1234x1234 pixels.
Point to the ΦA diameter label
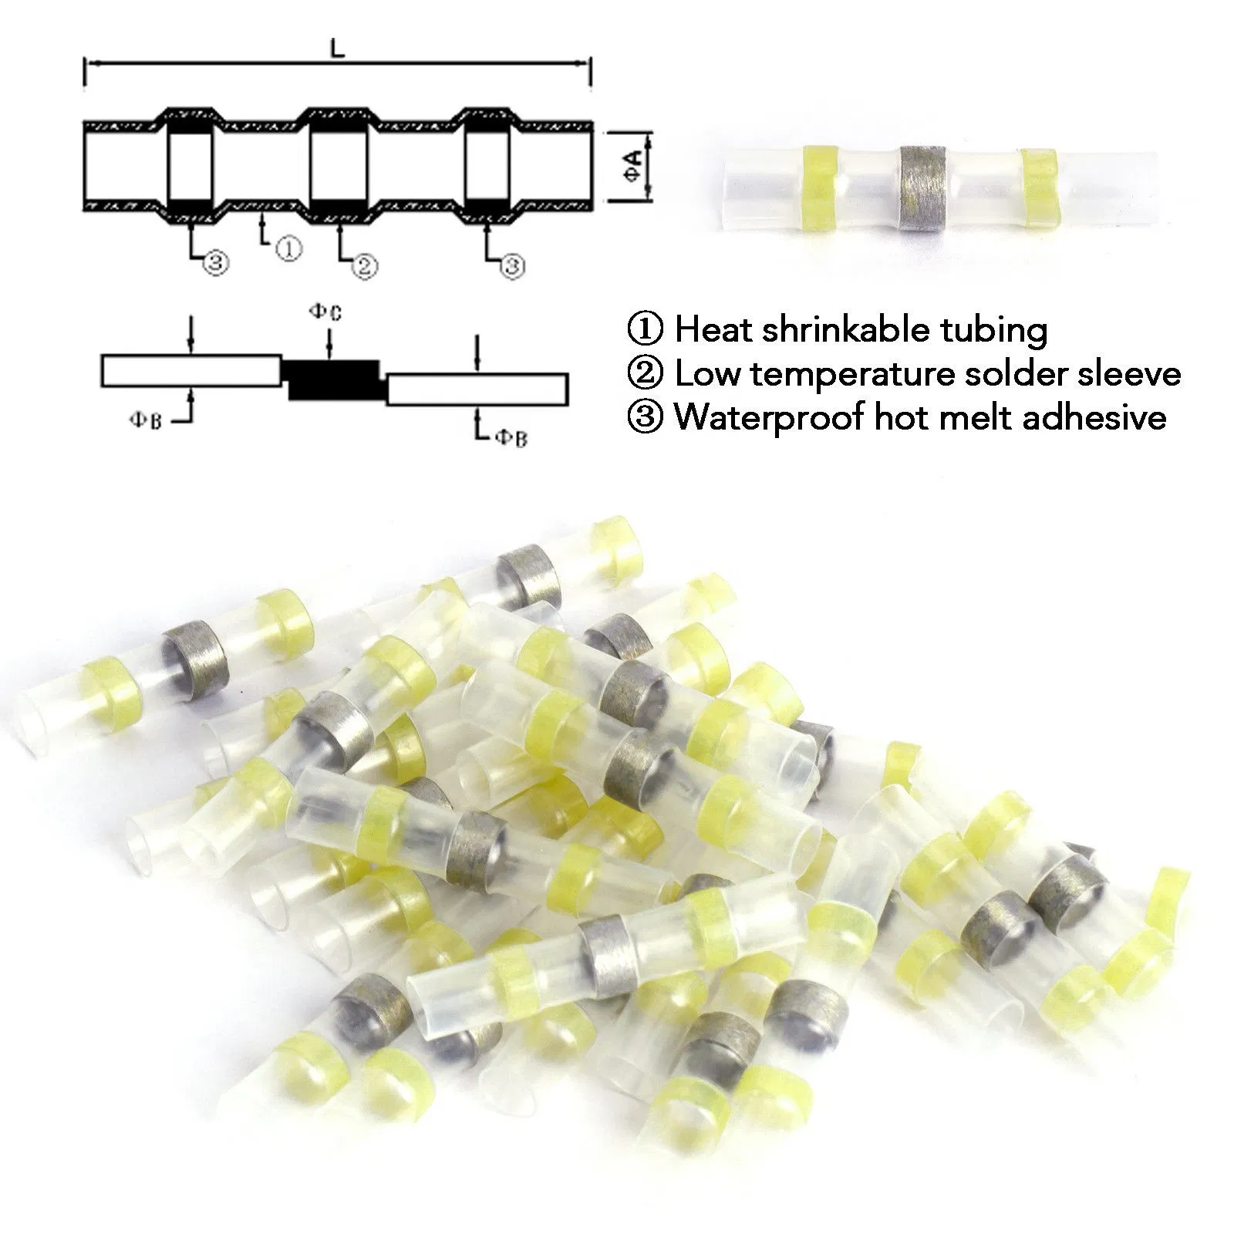[x=633, y=166]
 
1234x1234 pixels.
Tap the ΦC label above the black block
[x=325, y=312]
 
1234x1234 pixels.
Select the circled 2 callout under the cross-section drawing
[x=365, y=265]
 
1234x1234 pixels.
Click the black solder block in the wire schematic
[x=334, y=379]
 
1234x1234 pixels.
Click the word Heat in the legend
[x=713, y=329]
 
